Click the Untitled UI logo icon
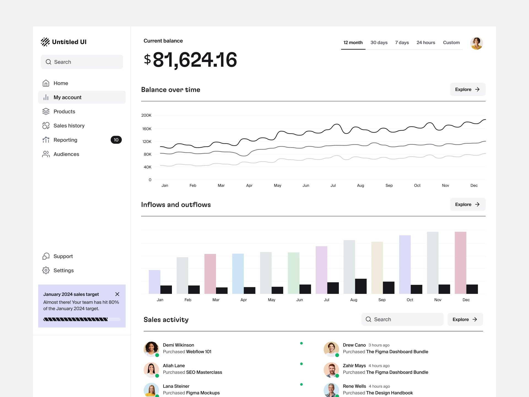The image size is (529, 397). [45, 42]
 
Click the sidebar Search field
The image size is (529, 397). [82, 62]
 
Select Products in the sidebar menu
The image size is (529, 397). [64, 111]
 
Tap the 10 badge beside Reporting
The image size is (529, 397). [116, 140]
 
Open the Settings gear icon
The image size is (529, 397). [46, 270]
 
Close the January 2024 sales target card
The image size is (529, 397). [117, 294]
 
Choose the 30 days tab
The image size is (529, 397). [379, 42]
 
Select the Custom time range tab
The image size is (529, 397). [451, 42]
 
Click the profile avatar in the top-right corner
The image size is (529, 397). [476, 43]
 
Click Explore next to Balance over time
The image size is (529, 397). [468, 89]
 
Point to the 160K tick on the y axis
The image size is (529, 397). [147, 129]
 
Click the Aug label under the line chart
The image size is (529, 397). [360, 186]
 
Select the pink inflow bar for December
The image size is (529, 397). [460, 262]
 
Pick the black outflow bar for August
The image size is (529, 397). [361, 286]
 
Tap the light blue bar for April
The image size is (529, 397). [238, 273]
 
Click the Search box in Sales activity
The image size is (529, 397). [402, 319]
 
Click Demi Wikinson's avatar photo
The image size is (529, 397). [151, 349]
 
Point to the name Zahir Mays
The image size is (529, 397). [354, 366]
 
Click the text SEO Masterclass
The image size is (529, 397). [204, 372]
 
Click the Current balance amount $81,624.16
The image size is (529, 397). [190, 60]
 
